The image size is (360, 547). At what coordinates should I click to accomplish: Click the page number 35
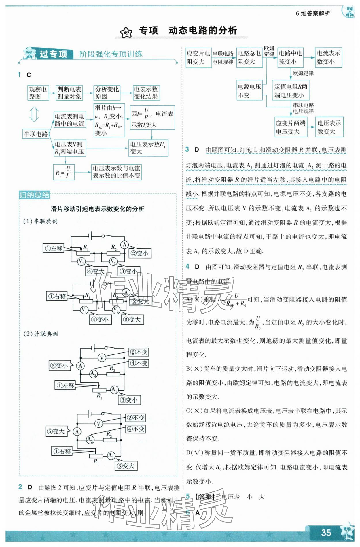326,532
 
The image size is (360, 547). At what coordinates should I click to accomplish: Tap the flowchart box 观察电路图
38,93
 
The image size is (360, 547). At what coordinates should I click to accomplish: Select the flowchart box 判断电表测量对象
69,93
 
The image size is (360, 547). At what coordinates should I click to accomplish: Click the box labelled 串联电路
36,134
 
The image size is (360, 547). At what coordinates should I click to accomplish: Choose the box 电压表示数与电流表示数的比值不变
116,172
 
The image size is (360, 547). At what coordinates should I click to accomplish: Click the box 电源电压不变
249,90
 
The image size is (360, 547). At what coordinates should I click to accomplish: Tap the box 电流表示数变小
328,57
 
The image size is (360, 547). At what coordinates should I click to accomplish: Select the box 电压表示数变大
329,127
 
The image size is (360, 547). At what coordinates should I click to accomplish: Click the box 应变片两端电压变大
291,127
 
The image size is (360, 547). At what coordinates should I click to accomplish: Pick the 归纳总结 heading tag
34,195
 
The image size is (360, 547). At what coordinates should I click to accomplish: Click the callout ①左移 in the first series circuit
54,248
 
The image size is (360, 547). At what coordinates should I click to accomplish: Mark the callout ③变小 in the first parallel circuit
129,400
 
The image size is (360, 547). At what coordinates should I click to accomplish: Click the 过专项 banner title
53,54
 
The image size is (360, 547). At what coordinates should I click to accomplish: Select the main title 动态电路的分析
202,30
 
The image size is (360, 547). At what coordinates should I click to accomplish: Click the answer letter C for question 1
29,75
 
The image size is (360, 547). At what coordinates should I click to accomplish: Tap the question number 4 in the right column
187,266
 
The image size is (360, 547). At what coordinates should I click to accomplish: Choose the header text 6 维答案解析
313,13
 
